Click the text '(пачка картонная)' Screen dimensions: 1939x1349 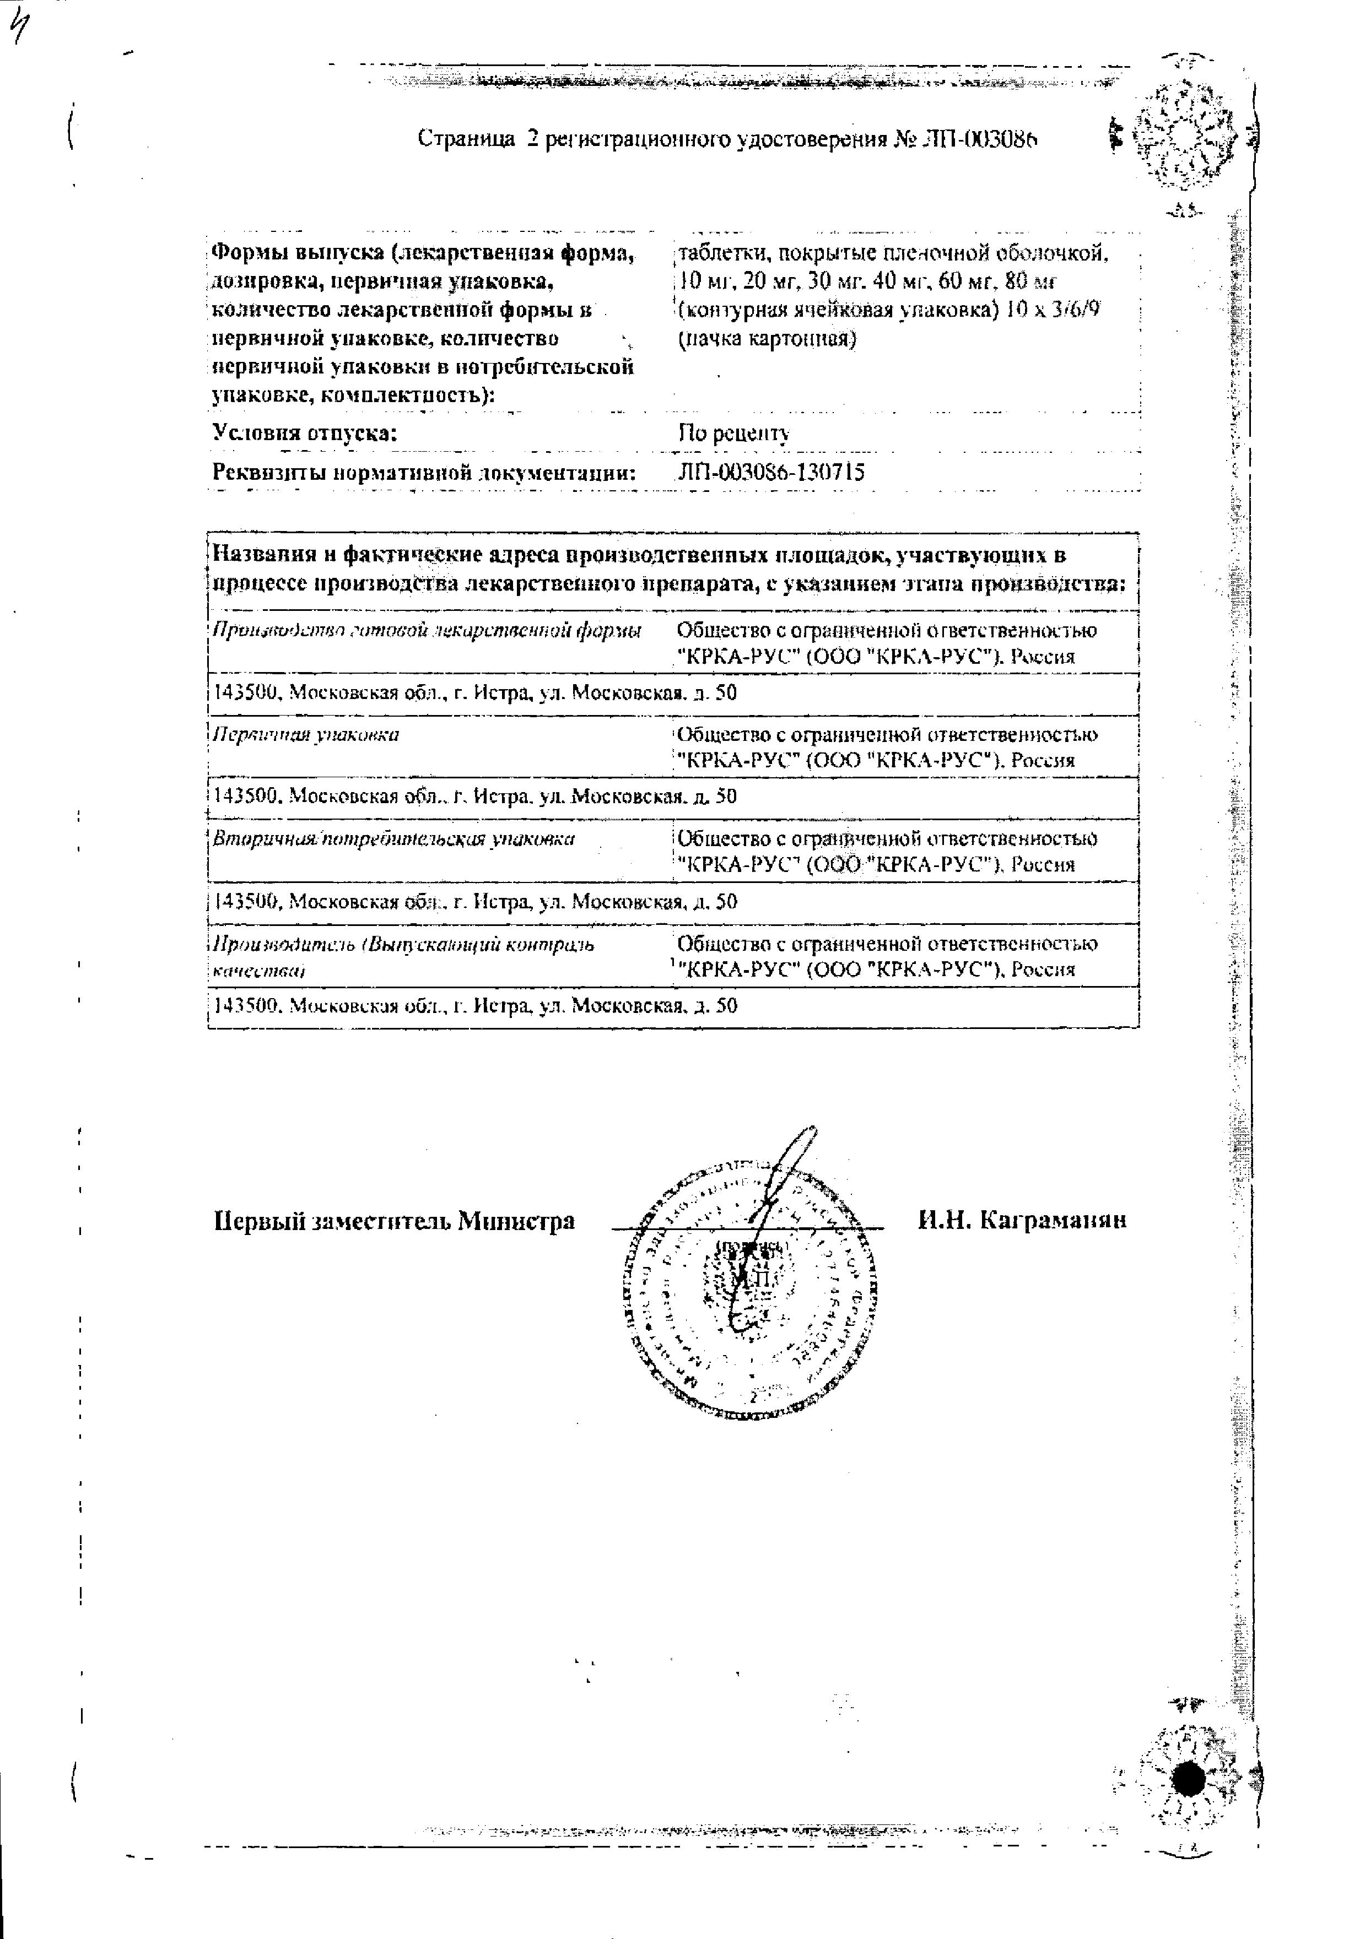click(766, 339)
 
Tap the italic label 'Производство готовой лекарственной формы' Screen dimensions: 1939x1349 click(426, 631)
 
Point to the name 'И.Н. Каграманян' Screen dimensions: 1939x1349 click(1021, 1220)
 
